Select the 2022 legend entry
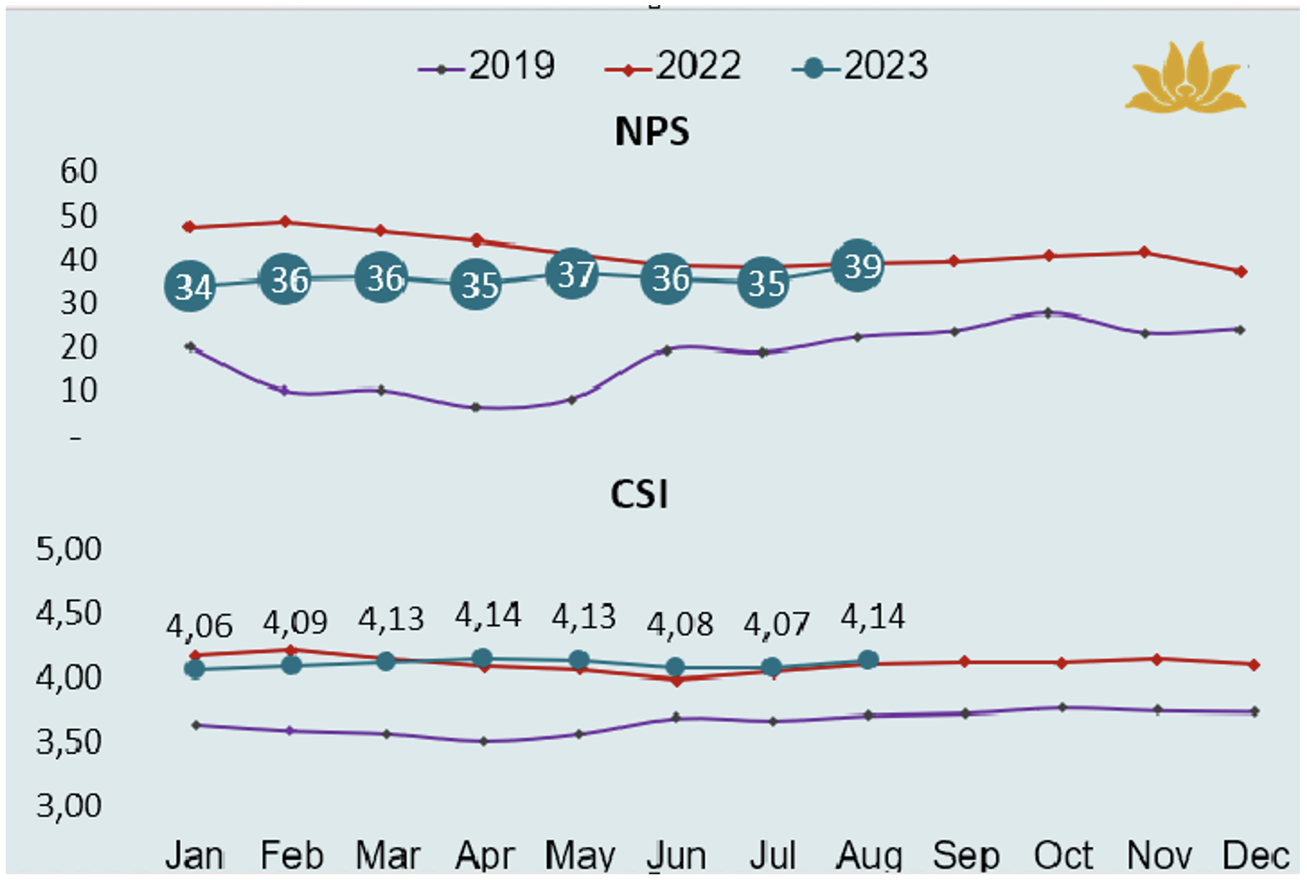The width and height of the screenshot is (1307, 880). point(674,67)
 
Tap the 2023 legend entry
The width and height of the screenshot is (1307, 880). point(860,67)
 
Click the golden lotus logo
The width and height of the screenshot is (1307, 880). point(1186,78)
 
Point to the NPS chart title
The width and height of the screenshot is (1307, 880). point(652,131)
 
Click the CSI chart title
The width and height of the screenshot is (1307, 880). point(639,495)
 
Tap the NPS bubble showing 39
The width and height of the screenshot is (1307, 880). point(858,266)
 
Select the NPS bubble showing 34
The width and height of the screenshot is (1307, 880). point(190,287)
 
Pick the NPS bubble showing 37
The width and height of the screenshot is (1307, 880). point(572,274)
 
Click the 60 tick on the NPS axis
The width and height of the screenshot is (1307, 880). point(78,172)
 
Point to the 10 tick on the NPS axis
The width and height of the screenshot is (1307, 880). point(78,391)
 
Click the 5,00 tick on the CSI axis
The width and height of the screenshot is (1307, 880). point(69,549)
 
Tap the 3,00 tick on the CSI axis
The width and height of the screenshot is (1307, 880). point(69,805)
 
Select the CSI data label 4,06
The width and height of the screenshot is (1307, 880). point(199,626)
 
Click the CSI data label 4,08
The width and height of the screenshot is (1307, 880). point(679,624)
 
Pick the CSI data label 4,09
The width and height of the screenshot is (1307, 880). point(295,622)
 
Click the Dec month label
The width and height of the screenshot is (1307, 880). point(1255,855)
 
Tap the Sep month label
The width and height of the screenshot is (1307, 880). point(966,855)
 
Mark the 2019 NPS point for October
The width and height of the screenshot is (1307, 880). point(1048,313)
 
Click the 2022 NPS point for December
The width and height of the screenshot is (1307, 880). point(1241,271)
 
